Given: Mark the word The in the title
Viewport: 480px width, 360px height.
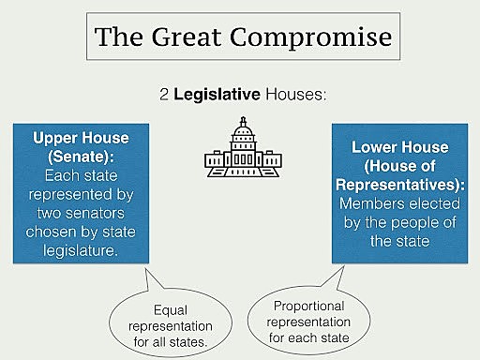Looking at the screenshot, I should [120, 40].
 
